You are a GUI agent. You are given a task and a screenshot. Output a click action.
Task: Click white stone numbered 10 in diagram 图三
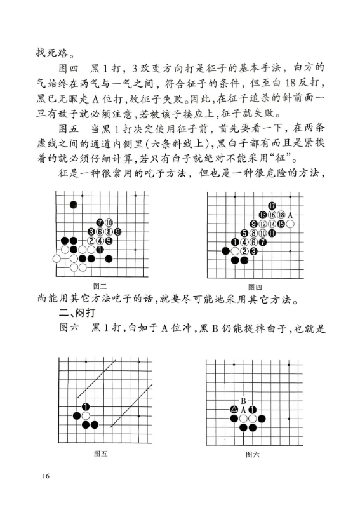pos(109,223)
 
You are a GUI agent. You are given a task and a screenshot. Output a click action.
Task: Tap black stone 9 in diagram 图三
pos(117,232)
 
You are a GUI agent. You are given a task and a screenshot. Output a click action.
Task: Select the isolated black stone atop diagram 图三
pos(73,205)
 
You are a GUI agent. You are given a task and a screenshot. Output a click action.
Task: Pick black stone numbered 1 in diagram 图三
pos(100,250)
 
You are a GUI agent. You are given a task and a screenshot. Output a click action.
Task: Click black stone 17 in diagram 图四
pos(272,205)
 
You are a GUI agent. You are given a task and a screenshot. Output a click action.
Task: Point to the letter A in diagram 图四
pos(290,215)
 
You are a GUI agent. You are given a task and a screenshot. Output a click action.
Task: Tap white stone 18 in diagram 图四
pos(281,215)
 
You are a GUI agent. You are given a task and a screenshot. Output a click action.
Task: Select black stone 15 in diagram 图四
pos(281,224)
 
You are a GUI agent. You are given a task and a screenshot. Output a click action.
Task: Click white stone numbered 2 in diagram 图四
pos(244,251)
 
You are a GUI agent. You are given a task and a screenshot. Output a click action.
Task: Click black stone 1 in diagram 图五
pos(86,407)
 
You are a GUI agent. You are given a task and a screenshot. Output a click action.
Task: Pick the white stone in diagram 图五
pos(86,416)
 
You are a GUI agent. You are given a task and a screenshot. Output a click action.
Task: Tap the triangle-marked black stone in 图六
pos(234,410)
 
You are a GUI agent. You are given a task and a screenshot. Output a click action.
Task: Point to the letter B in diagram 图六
pos(243,401)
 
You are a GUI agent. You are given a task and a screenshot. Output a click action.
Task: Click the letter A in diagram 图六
pos(243,410)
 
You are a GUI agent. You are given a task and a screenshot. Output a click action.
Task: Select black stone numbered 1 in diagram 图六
pos(253,410)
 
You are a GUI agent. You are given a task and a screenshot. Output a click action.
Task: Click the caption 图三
pos(100,286)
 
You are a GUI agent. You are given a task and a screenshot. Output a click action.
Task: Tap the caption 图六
pos(253,454)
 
